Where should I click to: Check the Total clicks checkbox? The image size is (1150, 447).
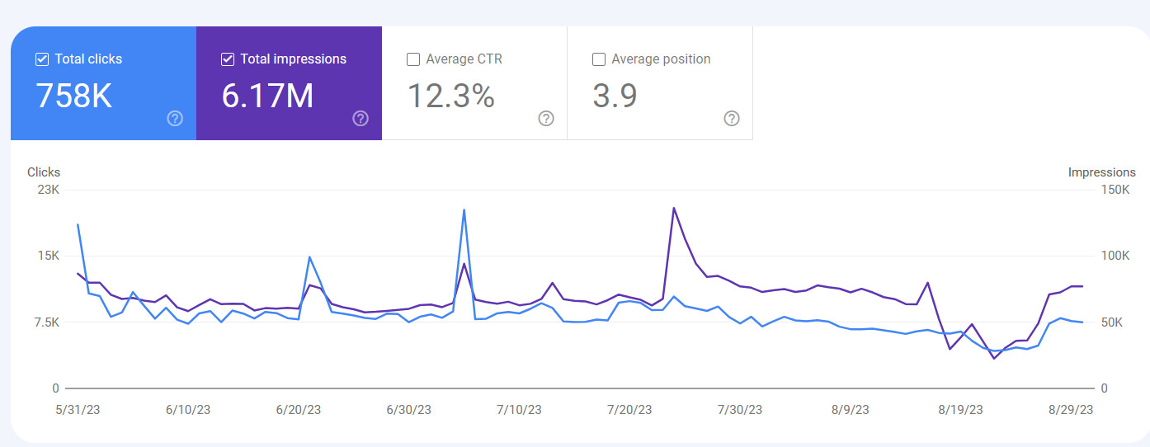(x=42, y=59)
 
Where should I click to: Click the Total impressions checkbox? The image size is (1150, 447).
(x=228, y=59)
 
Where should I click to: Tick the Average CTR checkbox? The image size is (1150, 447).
(x=413, y=59)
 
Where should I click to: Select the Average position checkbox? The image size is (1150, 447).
(x=599, y=59)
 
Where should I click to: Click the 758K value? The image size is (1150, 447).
(x=74, y=96)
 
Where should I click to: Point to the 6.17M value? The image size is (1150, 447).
(x=267, y=96)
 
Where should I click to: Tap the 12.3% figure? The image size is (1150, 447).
(x=450, y=96)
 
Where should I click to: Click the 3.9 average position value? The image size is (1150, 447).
(x=615, y=96)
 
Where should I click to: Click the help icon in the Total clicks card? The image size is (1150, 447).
(x=175, y=119)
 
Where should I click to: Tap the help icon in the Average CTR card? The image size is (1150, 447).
(x=546, y=119)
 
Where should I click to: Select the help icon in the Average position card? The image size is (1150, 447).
(x=732, y=119)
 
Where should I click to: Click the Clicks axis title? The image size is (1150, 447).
(x=44, y=172)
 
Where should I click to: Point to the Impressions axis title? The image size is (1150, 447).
(x=1101, y=172)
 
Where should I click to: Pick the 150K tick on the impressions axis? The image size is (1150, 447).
(x=1115, y=190)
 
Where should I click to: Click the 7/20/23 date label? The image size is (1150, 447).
(x=629, y=410)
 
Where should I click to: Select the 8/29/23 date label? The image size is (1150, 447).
(x=1070, y=410)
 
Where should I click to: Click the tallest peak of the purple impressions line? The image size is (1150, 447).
(x=674, y=208)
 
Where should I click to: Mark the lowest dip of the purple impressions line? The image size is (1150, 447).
(x=994, y=358)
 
